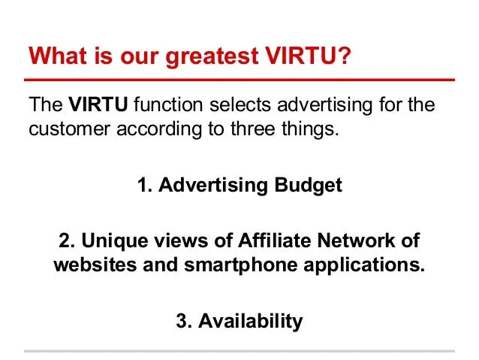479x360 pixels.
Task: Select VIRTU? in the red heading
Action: coord(309,56)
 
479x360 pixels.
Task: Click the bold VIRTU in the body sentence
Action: coord(98,104)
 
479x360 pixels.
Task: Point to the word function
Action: coord(168,104)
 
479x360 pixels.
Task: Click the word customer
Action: coord(69,129)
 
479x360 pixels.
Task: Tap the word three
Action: coord(253,129)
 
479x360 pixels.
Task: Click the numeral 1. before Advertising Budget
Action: coord(145,185)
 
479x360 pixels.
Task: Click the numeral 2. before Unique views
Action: coord(67,241)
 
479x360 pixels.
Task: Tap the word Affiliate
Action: coord(274,240)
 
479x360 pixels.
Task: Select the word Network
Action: coord(356,241)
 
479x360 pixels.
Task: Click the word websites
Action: coord(95,265)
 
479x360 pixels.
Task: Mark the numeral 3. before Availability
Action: coord(184,321)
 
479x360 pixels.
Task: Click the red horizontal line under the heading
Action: coord(239,80)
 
